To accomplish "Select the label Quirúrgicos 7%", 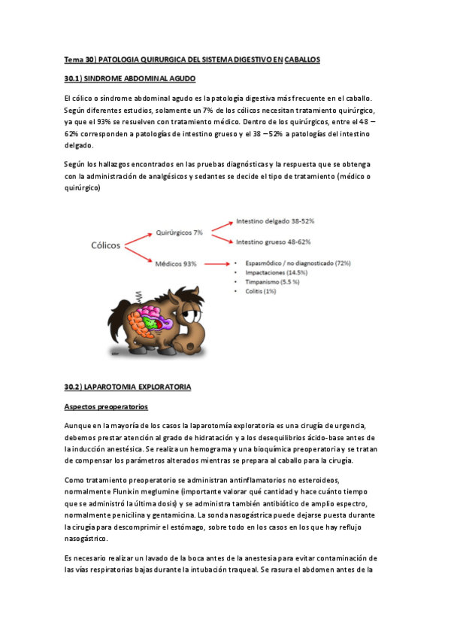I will pyautogui.click(x=179, y=232).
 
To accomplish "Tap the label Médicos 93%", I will pyautogui.click(x=175, y=263).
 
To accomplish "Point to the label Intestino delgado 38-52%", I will pyautogui.click(x=274, y=223).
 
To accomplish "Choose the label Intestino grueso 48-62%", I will pyautogui.click(x=274, y=242).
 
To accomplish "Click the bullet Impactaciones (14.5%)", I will pyautogui.click(x=271, y=272).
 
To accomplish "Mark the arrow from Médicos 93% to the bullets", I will pyautogui.click(x=215, y=264).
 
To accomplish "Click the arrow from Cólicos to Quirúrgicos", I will pyautogui.click(x=138, y=238).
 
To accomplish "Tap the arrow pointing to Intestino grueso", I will pyautogui.click(x=219, y=238).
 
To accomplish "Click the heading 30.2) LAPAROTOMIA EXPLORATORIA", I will pyautogui.click(x=128, y=387).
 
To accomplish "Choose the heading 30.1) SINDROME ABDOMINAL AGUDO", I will pyautogui.click(x=130, y=78).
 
